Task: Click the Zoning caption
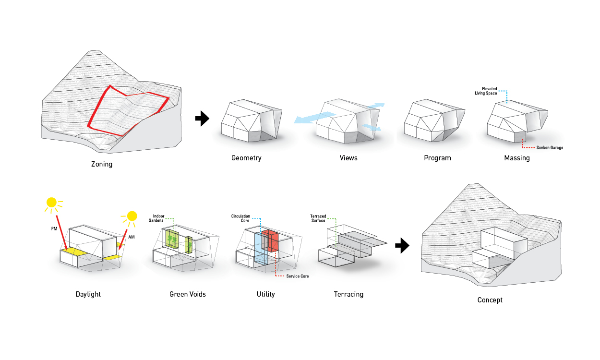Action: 102,165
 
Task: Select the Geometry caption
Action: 246,158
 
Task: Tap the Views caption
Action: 348,158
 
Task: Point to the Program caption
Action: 437,158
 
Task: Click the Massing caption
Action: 517,158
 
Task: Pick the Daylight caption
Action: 88,294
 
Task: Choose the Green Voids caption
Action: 188,294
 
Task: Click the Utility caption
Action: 265,294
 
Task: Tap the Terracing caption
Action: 348,294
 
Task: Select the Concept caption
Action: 490,300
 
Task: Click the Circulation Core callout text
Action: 240,218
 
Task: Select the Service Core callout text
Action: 298,276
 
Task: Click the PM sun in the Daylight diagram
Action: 52,203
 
